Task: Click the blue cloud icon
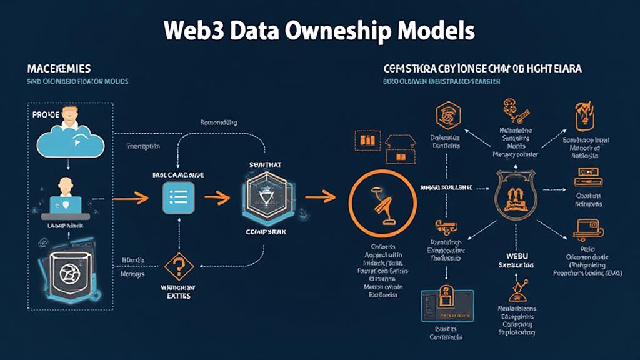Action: click(x=69, y=140)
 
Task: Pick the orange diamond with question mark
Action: click(x=178, y=267)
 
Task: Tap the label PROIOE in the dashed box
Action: click(x=46, y=115)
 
